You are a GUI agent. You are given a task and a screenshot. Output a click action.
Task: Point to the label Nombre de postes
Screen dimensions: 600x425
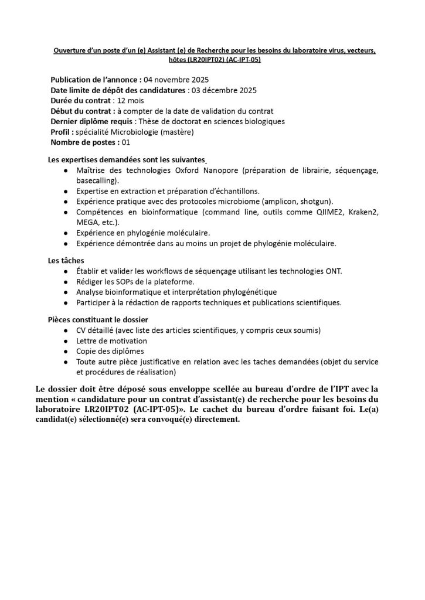(84, 142)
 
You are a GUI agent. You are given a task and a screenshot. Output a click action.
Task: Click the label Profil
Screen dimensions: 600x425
(62, 132)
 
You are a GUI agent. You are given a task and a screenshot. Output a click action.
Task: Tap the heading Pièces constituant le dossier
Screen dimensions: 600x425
(97, 319)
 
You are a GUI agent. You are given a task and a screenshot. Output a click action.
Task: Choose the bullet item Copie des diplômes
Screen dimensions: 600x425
(110, 352)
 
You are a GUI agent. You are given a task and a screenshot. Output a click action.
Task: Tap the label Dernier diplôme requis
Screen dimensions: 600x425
(92, 121)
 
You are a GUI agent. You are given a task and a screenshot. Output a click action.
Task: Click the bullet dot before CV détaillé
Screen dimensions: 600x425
(64, 330)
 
